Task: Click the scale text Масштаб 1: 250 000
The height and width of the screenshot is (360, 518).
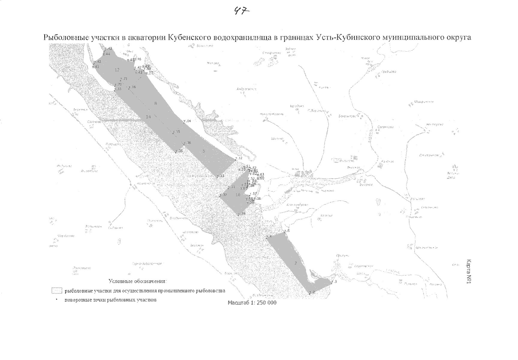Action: [252, 303]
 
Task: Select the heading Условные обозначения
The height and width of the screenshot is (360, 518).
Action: [138, 281]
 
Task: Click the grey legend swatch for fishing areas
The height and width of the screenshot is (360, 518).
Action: [57, 291]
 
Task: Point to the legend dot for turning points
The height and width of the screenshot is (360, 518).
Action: [56, 300]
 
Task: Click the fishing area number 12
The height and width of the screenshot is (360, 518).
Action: [117, 70]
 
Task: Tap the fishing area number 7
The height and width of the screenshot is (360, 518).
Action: [296, 263]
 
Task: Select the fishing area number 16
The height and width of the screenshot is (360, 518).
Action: [238, 195]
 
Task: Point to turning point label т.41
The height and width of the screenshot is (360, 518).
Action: [96, 67]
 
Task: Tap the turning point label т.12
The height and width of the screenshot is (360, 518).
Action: [239, 158]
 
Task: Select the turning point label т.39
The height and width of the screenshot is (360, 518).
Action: [242, 213]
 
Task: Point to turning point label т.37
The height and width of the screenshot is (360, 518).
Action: [224, 195]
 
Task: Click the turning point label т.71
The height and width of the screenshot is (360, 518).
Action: [124, 79]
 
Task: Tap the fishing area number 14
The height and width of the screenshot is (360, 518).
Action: [148, 117]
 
